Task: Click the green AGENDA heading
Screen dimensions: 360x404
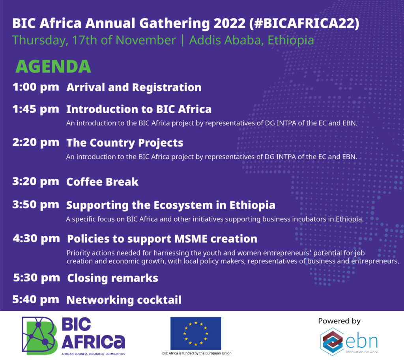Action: [53, 67]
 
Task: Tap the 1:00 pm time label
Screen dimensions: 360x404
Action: [36, 87]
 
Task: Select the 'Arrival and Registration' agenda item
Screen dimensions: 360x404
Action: [134, 88]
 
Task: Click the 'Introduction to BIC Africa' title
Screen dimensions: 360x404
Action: [139, 109]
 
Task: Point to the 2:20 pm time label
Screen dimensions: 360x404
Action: [36, 142]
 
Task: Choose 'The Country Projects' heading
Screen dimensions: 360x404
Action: [125, 142]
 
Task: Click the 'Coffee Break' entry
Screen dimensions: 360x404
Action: [102, 182]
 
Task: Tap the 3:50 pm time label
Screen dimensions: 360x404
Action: [36, 205]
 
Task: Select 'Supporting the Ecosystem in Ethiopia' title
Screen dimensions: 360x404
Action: [170, 205]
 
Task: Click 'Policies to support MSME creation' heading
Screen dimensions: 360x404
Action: [162, 239]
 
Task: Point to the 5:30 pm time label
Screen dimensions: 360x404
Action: [36, 278]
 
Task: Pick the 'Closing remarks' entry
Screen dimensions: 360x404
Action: [112, 278]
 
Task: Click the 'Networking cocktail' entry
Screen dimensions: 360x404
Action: [124, 300]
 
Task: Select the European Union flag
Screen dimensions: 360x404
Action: [196, 333]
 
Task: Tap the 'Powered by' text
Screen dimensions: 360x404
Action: [339, 321]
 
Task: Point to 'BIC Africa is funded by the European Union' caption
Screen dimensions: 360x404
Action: [197, 353]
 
